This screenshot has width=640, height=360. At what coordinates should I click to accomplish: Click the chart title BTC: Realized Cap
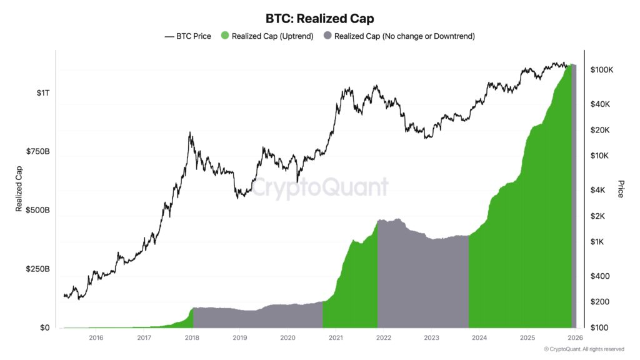pos(320,19)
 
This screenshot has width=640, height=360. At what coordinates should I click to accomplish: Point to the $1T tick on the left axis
pos(43,93)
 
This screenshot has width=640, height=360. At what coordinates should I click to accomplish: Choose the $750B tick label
pos(37,152)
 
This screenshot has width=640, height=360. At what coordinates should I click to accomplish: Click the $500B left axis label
pos(37,211)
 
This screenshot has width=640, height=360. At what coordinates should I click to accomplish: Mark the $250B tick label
pos(37,269)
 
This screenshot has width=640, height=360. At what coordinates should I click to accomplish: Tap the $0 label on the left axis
pos(44,328)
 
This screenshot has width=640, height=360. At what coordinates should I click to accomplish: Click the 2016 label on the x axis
pos(96,338)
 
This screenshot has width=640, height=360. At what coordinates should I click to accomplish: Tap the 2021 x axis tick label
pos(336,338)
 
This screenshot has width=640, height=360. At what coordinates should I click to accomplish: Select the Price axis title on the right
pos(621,189)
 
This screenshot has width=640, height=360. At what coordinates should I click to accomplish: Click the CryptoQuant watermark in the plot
pos(320,187)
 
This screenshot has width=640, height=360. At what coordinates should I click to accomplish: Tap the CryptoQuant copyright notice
pos(584,349)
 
